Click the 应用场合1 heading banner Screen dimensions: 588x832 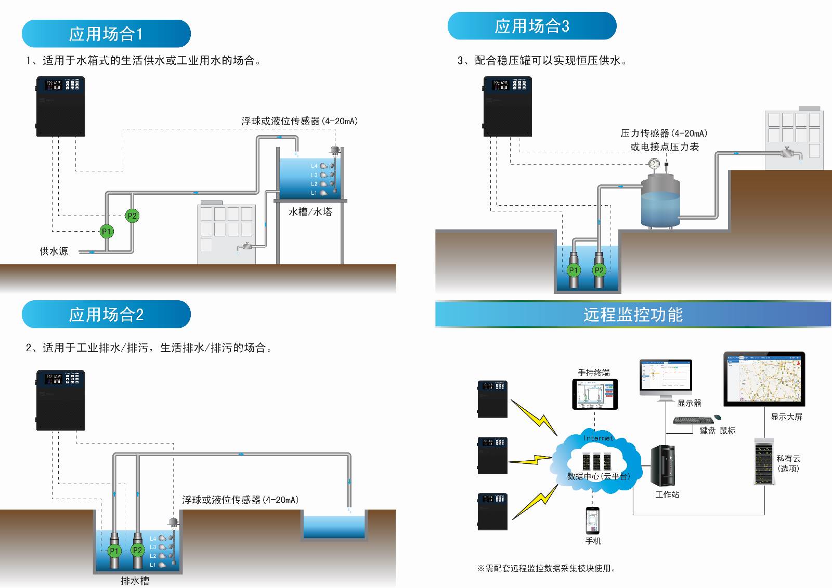[106, 34]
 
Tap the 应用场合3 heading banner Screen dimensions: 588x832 [531, 26]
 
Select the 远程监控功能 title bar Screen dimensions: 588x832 [632, 314]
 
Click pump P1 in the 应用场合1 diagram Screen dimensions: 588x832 [107, 232]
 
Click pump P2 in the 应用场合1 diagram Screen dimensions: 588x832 [132, 216]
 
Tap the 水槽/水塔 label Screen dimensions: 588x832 [310, 212]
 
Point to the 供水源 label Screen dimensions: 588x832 [54, 251]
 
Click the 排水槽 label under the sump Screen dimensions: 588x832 [135, 581]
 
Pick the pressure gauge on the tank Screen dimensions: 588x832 [654, 164]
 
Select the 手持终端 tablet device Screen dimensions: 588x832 [595, 394]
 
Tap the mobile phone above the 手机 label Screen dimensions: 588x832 [593, 520]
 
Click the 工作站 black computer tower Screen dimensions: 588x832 [663, 465]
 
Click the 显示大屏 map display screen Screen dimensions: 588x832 [764, 380]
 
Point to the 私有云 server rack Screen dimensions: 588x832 [764, 462]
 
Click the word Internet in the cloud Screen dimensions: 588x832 [599, 438]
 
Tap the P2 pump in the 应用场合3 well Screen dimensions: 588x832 [599, 270]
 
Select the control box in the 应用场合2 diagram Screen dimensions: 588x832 [60, 400]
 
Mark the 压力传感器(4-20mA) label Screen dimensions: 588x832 [664, 133]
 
